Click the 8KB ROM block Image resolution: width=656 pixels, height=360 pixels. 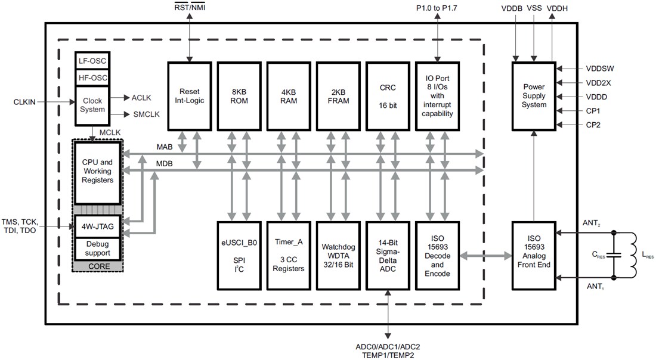239,95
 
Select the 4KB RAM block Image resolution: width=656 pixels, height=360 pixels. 288,95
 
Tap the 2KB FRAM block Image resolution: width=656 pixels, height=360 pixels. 338,95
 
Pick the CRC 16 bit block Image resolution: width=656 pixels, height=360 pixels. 387,95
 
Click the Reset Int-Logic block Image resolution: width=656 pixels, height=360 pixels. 189,95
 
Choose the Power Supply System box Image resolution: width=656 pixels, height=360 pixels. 534,95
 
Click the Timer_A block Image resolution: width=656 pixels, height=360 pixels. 288,255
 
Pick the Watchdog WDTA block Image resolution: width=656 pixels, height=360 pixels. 338,255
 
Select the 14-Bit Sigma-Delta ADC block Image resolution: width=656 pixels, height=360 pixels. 387,255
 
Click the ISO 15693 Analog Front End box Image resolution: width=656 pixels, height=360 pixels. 534,255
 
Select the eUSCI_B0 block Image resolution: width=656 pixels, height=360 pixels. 239,255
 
